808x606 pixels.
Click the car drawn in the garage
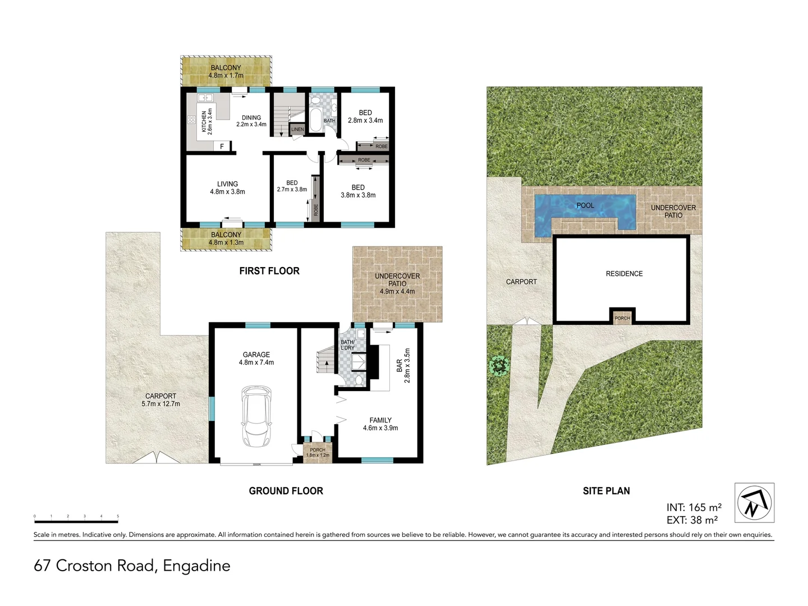(256, 416)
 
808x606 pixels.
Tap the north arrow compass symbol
(754, 503)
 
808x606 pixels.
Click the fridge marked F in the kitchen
(222, 146)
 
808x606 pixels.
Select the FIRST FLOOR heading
(269, 271)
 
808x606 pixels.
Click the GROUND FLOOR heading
(286, 491)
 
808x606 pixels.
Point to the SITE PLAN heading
(606, 491)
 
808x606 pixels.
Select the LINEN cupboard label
(297, 130)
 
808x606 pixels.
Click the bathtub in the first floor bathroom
(315, 120)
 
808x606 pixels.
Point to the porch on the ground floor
(318, 451)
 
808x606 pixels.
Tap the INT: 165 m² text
(694, 508)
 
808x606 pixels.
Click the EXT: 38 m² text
(692, 520)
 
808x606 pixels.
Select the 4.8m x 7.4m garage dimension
(256, 362)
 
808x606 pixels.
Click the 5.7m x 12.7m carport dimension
(160, 403)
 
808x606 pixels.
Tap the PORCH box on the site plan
(622, 317)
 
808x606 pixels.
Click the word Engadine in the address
(196, 566)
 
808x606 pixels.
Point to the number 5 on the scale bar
(118, 516)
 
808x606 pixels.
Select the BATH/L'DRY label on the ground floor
(347, 345)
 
